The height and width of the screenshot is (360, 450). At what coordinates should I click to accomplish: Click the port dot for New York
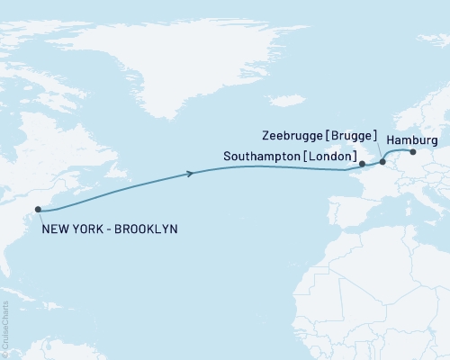point(38,210)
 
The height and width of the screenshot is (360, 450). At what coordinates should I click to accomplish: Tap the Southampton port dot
point(362,165)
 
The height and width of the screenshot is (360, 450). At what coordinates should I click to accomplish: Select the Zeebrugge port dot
point(382,163)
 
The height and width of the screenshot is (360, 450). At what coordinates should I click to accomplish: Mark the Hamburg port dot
point(413,151)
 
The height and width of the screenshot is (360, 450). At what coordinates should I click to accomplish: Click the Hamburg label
point(412,140)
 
